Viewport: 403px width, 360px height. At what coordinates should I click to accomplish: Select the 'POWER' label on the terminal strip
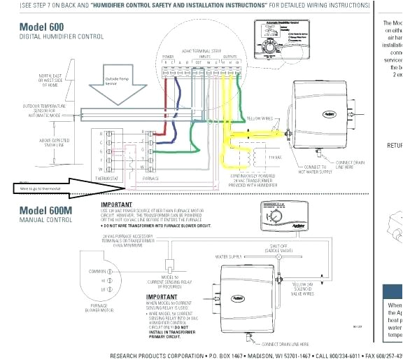tap(169, 56)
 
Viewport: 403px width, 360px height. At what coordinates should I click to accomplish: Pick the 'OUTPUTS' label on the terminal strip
tap(230, 56)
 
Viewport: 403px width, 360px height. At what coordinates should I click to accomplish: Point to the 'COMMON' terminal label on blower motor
tap(96, 271)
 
